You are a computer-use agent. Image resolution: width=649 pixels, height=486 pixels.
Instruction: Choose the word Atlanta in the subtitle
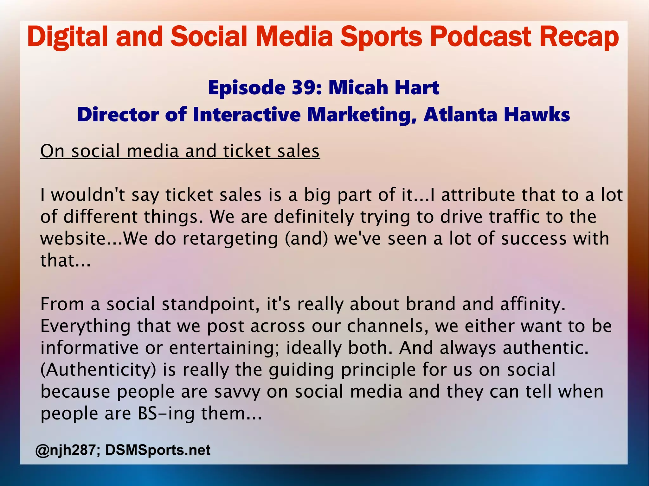click(460, 114)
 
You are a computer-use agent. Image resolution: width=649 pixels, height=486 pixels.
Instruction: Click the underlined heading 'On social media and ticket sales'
click(180, 151)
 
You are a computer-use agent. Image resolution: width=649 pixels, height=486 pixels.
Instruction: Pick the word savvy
click(237, 392)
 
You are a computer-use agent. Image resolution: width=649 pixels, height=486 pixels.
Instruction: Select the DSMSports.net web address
click(158, 450)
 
